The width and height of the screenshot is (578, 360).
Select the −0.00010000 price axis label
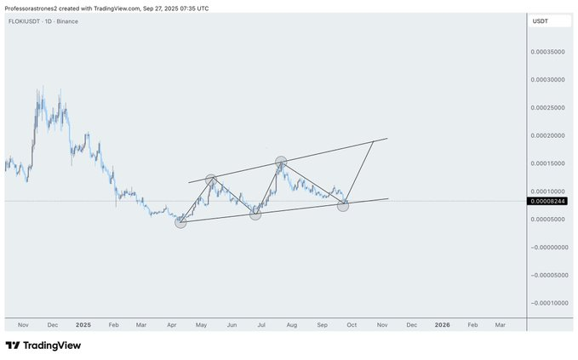tap(549, 303)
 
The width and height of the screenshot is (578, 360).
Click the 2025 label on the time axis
tap(83, 324)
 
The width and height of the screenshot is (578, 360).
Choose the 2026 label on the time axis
tap(443, 324)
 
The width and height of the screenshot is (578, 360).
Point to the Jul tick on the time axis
tap(261, 324)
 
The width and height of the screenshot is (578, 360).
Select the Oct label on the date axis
tap(352, 324)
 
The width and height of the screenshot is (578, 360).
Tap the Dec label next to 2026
tap(411, 324)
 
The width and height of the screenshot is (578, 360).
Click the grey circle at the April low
tap(180, 222)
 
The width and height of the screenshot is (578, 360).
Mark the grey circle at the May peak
tap(212, 180)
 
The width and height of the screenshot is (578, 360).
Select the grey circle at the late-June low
tap(255, 214)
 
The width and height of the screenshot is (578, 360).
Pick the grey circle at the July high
tap(281, 161)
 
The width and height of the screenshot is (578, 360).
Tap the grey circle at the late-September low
tap(343, 205)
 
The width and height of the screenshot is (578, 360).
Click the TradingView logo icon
tap(13, 346)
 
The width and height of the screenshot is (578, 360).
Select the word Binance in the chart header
tap(66, 20)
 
